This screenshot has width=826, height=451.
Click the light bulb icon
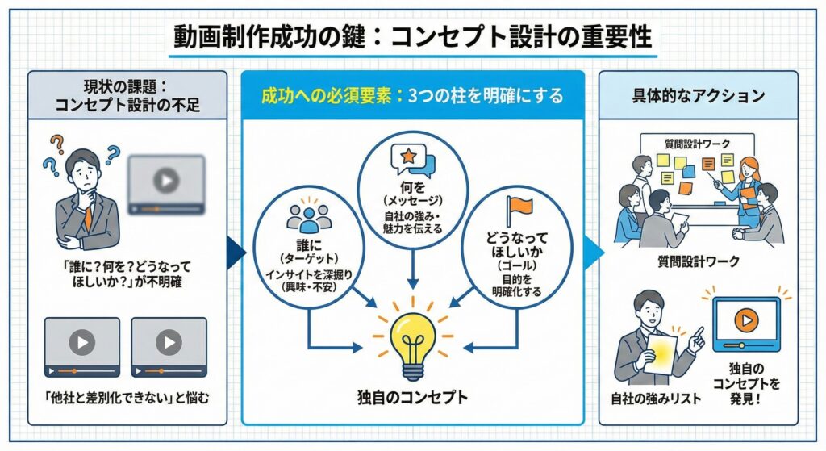[412, 339]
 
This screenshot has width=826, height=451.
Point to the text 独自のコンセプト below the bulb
[412, 397]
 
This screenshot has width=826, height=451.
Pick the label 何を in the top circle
[412, 185]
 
